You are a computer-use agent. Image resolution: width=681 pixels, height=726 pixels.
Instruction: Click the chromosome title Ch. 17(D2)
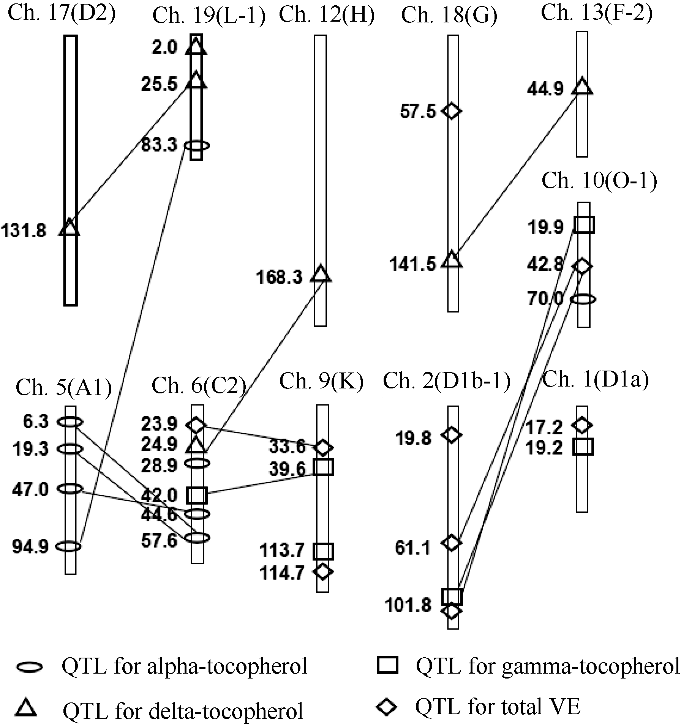pyautogui.click(x=62, y=13)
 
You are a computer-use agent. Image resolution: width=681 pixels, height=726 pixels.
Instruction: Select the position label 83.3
pyautogui.click(x=159, y=145)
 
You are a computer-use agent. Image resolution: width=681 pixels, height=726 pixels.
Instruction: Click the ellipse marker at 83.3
pyautogui.click(x=197, y=145)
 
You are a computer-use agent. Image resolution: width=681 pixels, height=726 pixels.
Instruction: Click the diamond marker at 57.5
pyautogui.click(x=452, y=111)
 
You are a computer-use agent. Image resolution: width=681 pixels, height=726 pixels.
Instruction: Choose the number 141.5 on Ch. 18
pyautogui.click(x=412, y=264)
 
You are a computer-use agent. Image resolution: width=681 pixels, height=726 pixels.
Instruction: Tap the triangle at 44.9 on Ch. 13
pyautogui.click(x=582, y=87)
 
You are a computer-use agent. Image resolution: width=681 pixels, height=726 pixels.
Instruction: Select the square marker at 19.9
pyautogui.click(x=584, y=225)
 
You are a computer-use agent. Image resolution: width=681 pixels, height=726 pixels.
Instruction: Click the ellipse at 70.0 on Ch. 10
pyautogui.click(x=584, y=299)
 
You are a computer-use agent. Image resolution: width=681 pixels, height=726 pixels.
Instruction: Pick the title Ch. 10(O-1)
pyautogui.click(x=599, y=181)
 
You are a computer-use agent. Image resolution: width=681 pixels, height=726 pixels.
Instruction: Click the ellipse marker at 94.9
pyautogui.click(x=69, y=546)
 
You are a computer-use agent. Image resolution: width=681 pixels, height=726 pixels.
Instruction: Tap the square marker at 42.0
pyautogui.click(x=197, y=495)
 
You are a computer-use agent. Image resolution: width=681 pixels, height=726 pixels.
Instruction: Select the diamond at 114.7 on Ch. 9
pyautogui.click(x=322, y=571)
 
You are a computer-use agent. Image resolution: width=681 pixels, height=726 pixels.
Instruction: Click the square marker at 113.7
pyautogui.click(x=323, y=551)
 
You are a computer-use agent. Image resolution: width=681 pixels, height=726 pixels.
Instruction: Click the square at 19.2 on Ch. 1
pyautogui.click(x=583, y=447)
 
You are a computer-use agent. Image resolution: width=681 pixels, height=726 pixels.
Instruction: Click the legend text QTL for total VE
pyautogui.click(x=498, y=707)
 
